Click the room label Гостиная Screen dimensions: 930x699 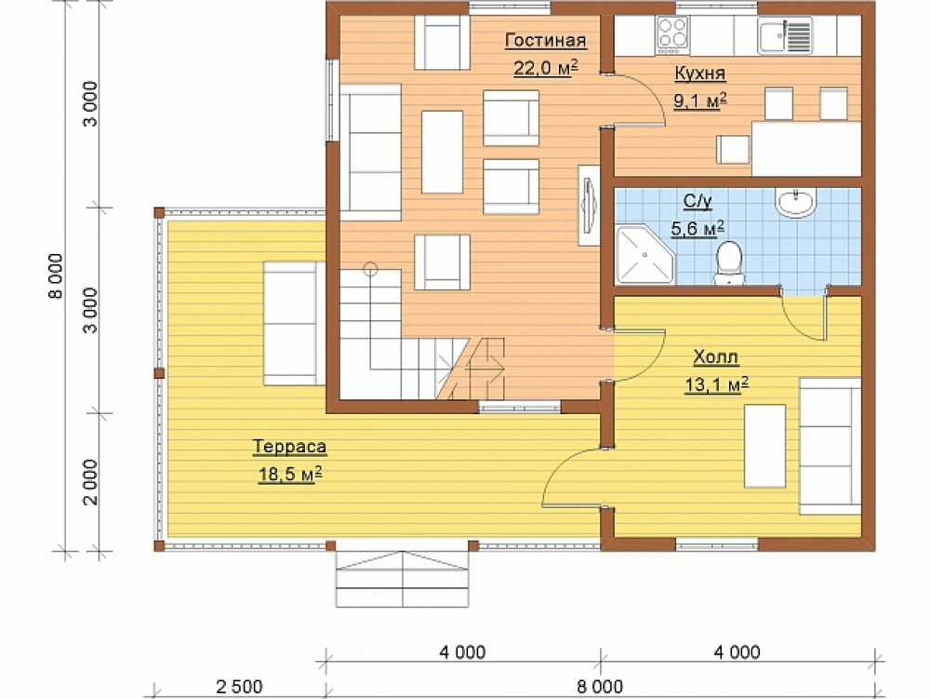[545, 40]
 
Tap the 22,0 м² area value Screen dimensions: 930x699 [545, 68]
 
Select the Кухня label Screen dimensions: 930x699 [700, 73]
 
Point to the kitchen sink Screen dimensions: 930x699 [785, 35]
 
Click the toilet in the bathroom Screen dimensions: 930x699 [729, 263]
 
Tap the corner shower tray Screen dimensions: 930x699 [645, 254]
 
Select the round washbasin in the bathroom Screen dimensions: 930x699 [795, 202]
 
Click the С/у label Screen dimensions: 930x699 [697, 201]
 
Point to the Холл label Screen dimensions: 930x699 [716, 357]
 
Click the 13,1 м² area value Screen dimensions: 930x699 [716, 384]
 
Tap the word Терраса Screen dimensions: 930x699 [289, 447]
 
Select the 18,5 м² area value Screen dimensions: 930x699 [290, 474]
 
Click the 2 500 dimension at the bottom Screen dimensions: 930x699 [239, 687]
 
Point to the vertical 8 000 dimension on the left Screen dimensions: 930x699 [56, 276]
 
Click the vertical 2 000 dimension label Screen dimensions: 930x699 [90, 482]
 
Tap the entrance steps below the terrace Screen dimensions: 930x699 [402, 579]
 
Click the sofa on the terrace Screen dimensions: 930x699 [294, 323]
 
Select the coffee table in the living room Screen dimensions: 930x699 [442, 152]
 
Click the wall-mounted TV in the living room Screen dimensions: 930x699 [589, 205]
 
